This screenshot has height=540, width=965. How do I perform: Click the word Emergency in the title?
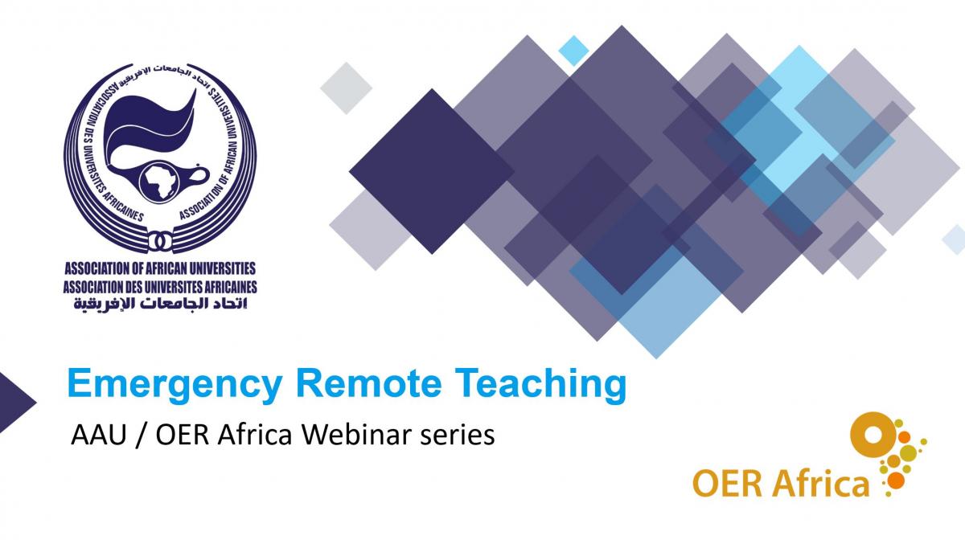[175, 386]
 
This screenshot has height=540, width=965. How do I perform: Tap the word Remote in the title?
[369, 382]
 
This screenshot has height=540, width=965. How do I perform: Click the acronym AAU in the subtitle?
[99, 435]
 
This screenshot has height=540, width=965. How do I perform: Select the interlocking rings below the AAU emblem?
[160, 241]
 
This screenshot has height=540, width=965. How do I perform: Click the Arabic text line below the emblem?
[160, 304]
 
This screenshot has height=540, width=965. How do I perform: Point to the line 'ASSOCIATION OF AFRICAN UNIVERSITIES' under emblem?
[160, 268]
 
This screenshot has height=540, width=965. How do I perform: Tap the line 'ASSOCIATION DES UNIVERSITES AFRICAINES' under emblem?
[160, 287]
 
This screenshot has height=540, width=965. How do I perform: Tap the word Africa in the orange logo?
[819, 483]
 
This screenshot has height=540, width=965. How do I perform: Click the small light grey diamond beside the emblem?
[346, 88]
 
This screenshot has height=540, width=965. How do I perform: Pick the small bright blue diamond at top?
[574, 51]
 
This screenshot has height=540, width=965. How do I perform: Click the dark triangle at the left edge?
[15, 403]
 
